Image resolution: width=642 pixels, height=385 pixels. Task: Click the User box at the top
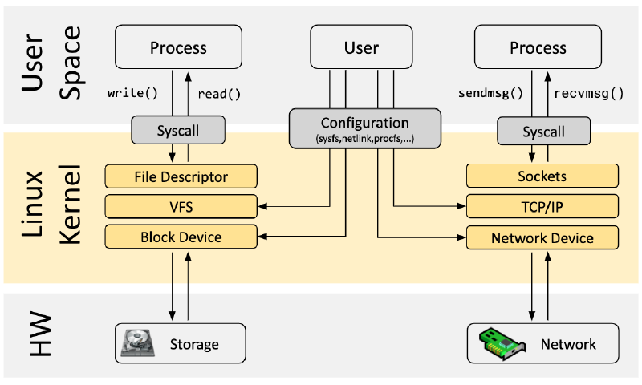(361, 47)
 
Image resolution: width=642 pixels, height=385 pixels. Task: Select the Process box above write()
(178, 47)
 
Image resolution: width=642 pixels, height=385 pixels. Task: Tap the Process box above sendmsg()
(538, 47)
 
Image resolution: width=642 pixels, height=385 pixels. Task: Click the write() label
(132, 93)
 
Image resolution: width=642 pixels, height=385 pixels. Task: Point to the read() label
(219, 94)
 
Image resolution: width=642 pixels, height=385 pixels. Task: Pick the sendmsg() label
(490, 93)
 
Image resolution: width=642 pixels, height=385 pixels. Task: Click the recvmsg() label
(589, 94)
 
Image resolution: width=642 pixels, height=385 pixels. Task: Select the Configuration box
(365, 128)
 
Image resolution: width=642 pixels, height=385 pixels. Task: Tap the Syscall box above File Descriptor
(178, 130)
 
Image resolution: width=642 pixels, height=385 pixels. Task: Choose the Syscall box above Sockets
(544, 131)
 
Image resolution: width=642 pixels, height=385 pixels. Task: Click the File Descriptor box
(181, 176)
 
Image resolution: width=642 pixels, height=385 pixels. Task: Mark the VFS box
(181, 207)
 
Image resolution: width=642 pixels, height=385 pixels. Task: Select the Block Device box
(181, 237)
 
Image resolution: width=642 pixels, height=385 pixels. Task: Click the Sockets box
(542, 176)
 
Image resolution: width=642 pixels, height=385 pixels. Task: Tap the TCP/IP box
(542, 207)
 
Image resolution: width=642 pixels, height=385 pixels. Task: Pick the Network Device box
(542, 237)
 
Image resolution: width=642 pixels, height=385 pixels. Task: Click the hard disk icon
(138, 342)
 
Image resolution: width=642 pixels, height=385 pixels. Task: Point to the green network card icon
(502, 343)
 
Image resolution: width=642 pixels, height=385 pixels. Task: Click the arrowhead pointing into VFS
(262, 206)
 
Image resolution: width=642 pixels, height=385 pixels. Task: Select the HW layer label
(40, 334)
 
